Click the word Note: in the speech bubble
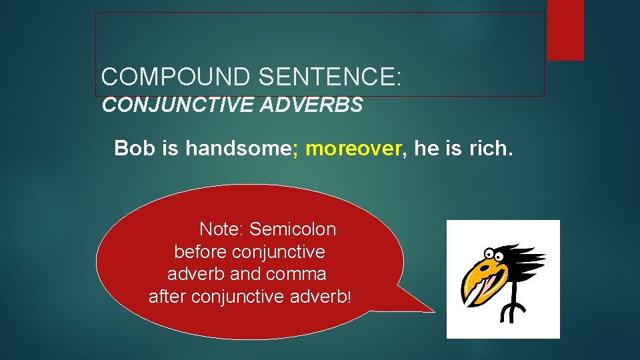tap(222, 230)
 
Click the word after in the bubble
tap(167, 296)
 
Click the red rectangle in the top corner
tap(565, 30)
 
